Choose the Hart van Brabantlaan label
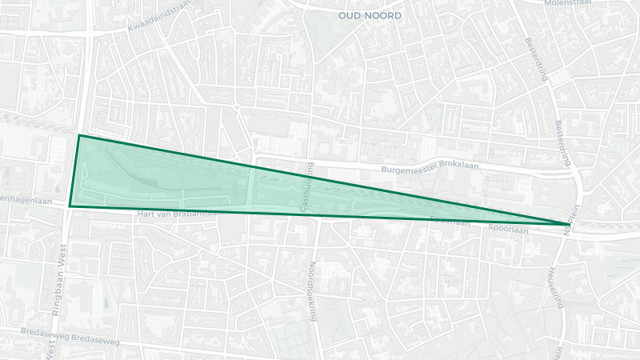[x=178, y=214]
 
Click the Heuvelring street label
[x=554, y=288]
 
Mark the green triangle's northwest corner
[x=79, y=135]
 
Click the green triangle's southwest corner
[x=70, y=206]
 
